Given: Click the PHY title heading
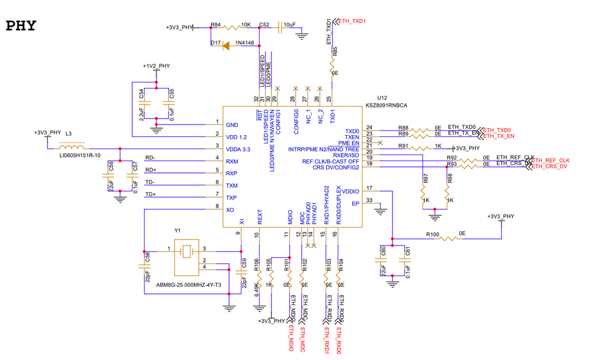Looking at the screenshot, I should pyautogui.click(x=21, y=26).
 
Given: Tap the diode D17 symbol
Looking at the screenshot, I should pyautogui.click(x=226, y=44).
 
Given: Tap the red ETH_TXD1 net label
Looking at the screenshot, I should pyautogui.click(x=352, y=21).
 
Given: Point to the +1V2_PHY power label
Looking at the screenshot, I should pyautogui.click(x=156, y=66).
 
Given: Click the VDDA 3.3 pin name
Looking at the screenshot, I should pyautogui.click(x=238, y=149).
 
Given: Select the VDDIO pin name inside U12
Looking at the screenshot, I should pyautogui.click(x=350, y=191).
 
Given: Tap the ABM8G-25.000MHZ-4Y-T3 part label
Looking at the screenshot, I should pyautogui.click(x=188, y=284).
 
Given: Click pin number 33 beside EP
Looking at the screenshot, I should pyautogui.click(x=369, y=200).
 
